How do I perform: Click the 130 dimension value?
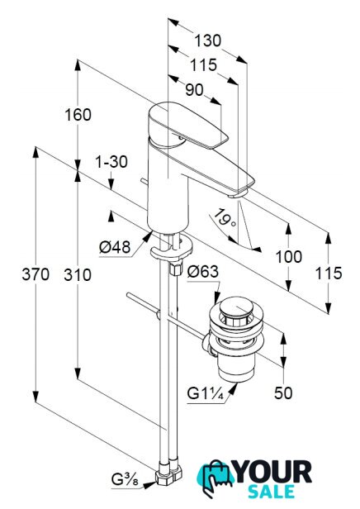pyautogui.click(x=207, y=41)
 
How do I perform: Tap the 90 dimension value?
pyautogui.click(x=194, y=90)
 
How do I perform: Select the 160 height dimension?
pyautogui.click(x=78, y=115)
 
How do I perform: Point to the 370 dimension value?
pyautogui.click(x=36, y=274)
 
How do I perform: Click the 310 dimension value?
pyautogui.click(x=78, y=275)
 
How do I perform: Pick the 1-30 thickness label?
pyautogui.click(x=111, y=162)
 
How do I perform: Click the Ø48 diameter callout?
pyautogui.click(x=115, y=247)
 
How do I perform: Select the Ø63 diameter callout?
pyautogui.click(x=203, y=271)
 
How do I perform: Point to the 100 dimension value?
pyautogui.click(x=289, y=257)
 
